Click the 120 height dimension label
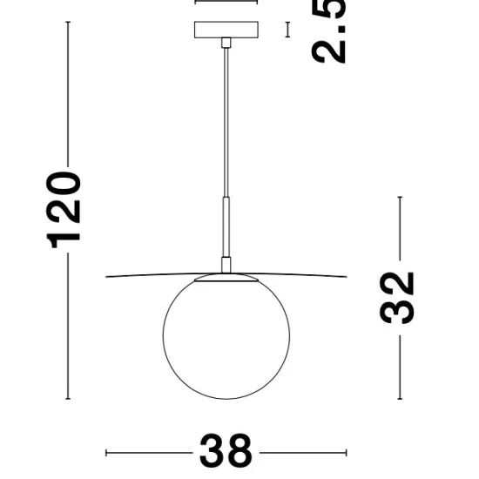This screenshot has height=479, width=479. pos(64,210)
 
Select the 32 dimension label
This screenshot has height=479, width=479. pos(396,298)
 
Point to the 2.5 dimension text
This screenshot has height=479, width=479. pos(328,31)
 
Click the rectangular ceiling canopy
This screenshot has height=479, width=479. pos(226,30)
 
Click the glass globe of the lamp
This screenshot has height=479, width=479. pos(226,336)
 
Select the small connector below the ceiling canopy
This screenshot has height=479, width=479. pos(226,43)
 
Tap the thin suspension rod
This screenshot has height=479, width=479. pos(226,122)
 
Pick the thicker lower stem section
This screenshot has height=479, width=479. pos(226,227)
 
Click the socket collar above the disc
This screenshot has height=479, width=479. pos(226,265)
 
